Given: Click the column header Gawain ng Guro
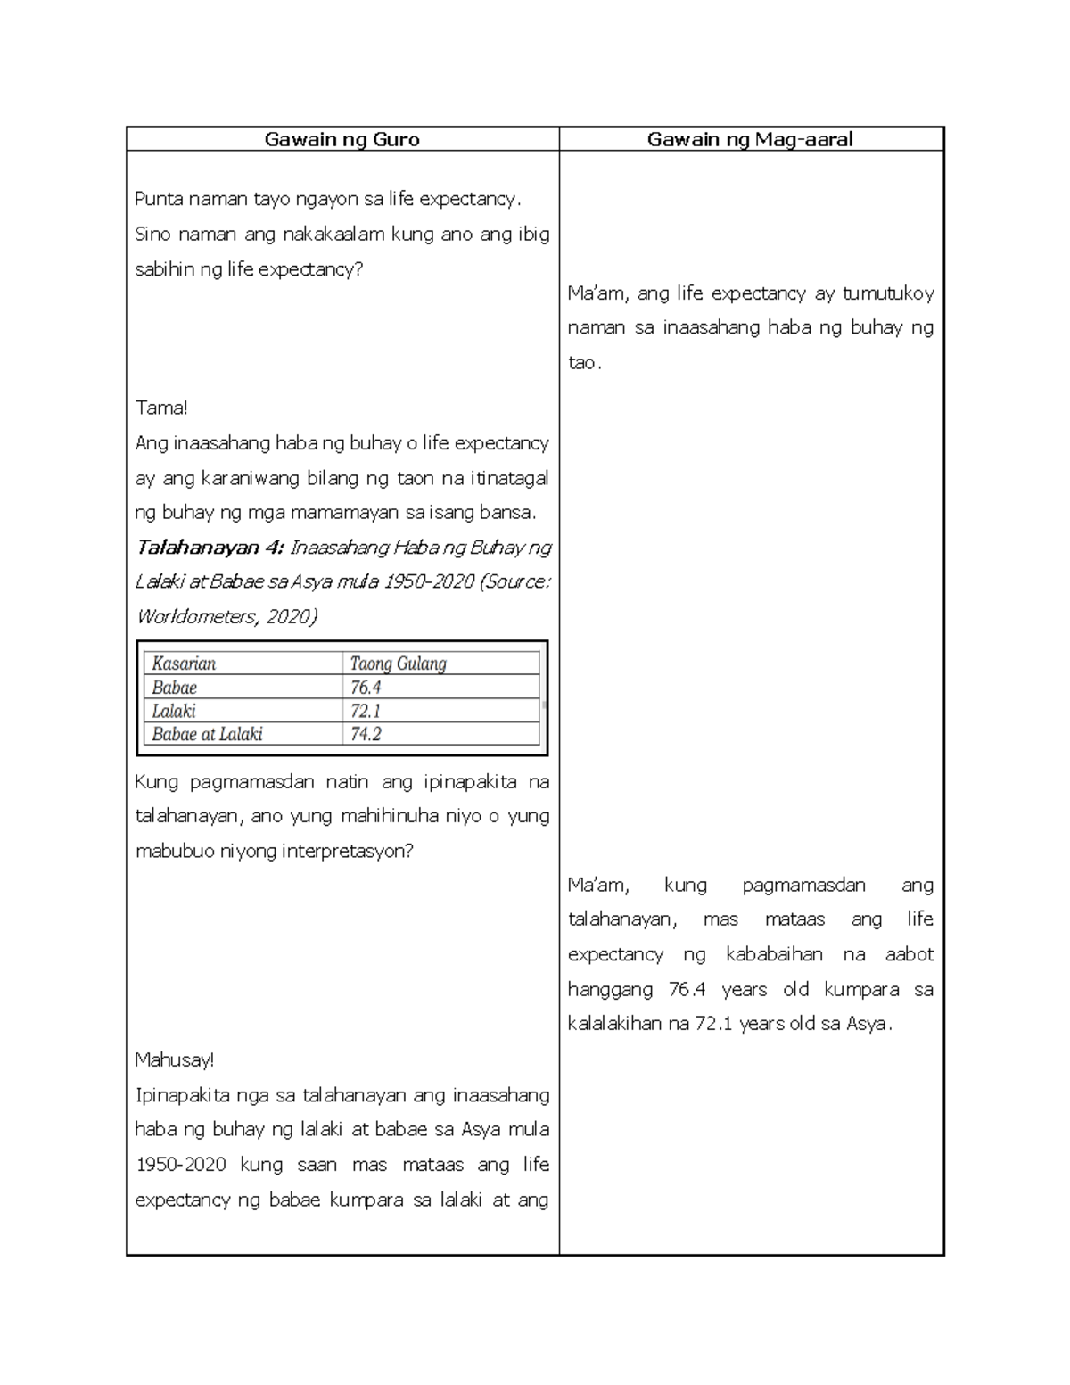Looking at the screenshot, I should (342, 139).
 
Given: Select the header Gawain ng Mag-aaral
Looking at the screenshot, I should (750, 139).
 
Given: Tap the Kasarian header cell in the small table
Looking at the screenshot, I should (184, 664).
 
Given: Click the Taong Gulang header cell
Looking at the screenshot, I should (398, 664).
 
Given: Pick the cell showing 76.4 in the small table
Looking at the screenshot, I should (366, 688).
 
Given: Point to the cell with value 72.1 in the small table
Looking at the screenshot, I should (366, 711).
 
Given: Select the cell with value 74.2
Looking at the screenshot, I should (366, 734).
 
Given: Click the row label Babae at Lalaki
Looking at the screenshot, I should (207, 734).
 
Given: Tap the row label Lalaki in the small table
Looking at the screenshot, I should (174, 711).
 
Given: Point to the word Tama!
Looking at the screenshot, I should (161, 408).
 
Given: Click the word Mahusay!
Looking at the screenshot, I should (175, 1060).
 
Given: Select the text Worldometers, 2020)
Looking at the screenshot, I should (226, 617).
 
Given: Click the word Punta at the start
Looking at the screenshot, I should (158, 199).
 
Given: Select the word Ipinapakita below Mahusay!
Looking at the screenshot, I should (186, 1095).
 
